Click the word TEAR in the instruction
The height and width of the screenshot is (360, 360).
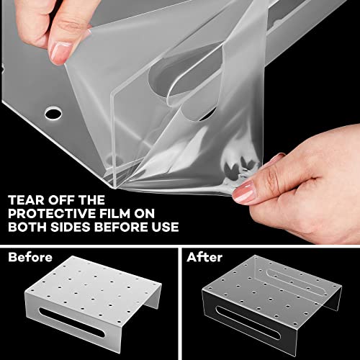click(x=27, y=200)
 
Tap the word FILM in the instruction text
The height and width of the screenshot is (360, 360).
click(x=114, y=214)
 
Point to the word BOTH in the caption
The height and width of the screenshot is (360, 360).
click(x=27, y=227)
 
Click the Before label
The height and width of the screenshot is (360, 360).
click(x=30, y=257)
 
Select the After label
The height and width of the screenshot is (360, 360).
click(x=204, y=257)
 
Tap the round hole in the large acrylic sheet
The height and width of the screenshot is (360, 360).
click(x=53, y=113)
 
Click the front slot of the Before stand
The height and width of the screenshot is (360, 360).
click(x=72, y=323)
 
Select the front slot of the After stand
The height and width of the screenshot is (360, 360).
click(x=248, y=323)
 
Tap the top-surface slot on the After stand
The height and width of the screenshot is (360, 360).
click(x=297, y=282)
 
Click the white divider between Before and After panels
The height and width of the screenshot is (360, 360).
click(x=180, y=304)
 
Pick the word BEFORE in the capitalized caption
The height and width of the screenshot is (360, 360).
click(x=121, y=227)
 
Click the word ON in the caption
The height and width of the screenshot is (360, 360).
click(x=145, y=214)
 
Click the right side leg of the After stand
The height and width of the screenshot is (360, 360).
click(x=333, y=299)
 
